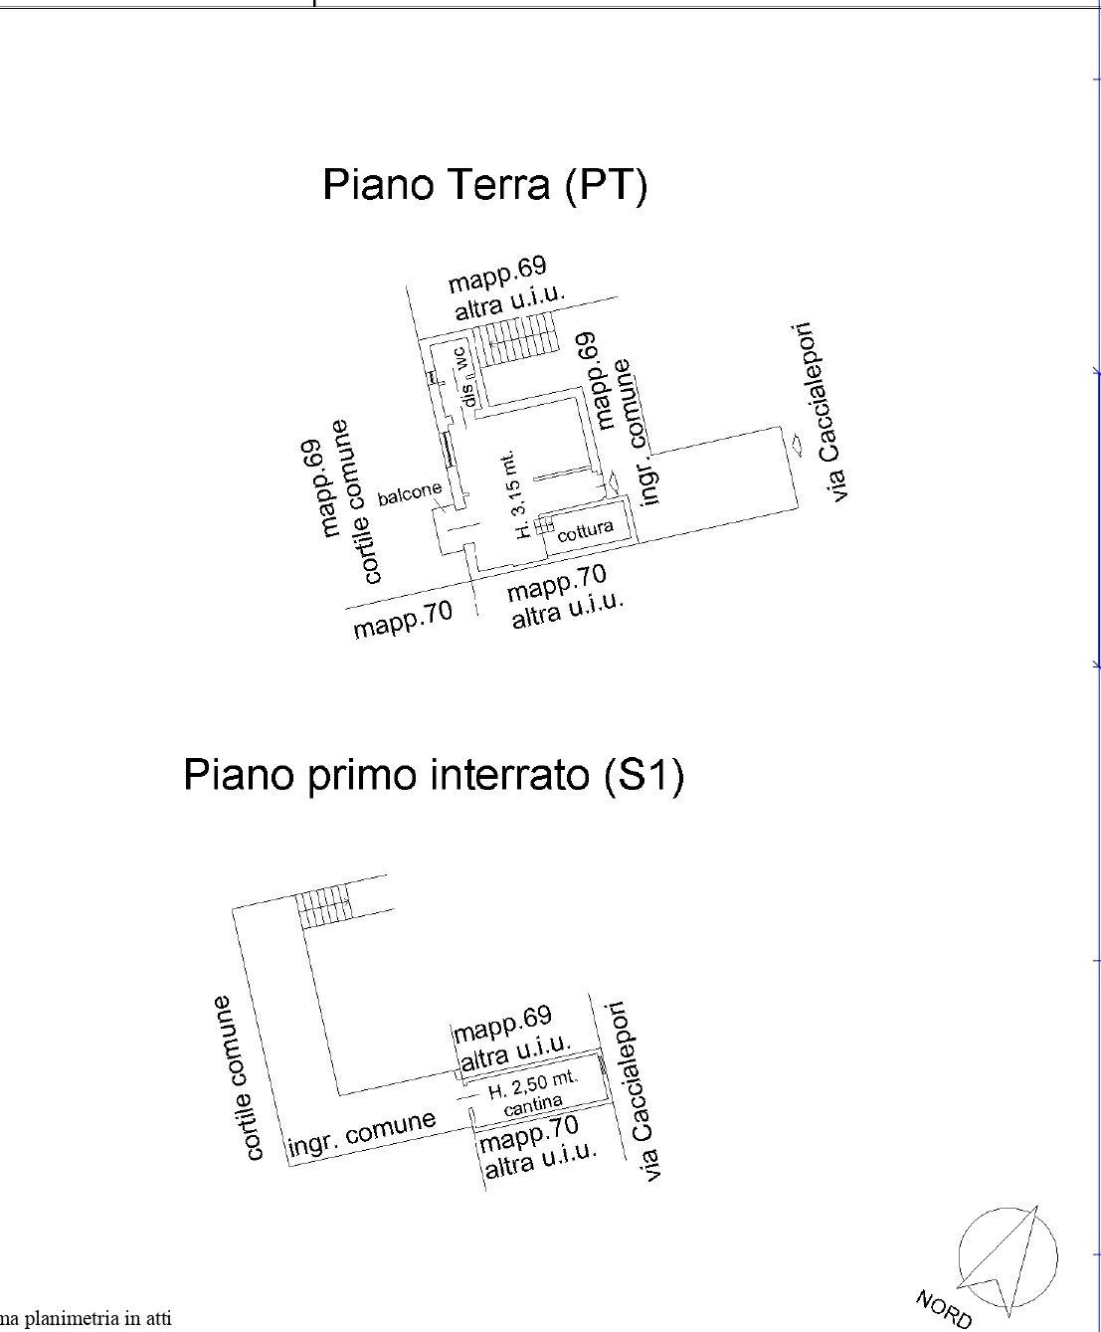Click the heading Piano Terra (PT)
[484, 185]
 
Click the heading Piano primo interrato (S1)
[434, 775]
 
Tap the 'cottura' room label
[585, 530]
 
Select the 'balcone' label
[410, 492]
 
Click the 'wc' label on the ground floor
[460, 358]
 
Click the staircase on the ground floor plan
[517, 340]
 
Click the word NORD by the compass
[943, 1309]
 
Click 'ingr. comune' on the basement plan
[362, 1134]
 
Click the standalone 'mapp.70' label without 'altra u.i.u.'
[403, 618]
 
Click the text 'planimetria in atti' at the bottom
[86, 1318]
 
